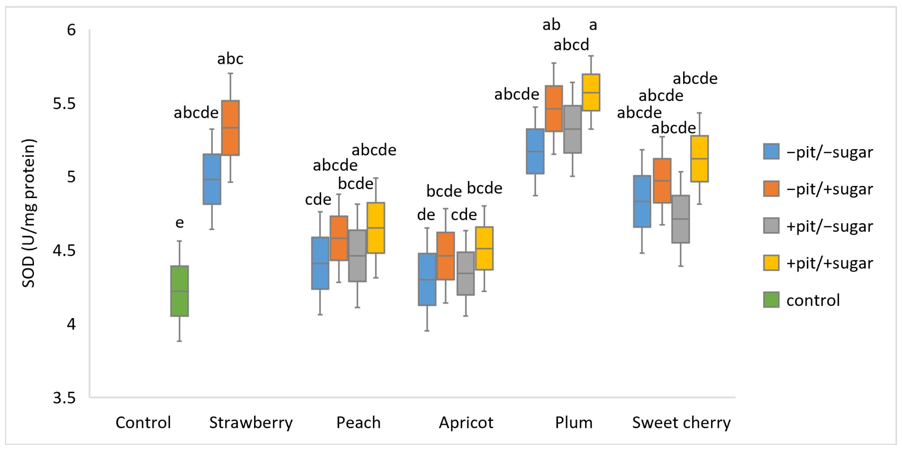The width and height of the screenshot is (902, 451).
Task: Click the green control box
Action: point(179,291)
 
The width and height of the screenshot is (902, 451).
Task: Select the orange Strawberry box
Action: point(230,128)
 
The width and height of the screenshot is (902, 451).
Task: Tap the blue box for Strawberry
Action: point(212,179)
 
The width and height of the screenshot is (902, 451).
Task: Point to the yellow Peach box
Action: point(376,227)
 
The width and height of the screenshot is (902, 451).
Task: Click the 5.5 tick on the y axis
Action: point(64,104)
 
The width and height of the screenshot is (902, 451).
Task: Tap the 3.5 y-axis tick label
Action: point(64,398)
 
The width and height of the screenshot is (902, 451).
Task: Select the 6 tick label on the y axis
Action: point(71,30)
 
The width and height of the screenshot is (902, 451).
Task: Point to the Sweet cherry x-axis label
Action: point(681,422)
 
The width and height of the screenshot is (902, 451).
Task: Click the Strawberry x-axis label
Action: point(251,422)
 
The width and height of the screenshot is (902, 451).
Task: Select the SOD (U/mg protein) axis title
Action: point(29,213)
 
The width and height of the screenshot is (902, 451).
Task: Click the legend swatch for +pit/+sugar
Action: point(771,263)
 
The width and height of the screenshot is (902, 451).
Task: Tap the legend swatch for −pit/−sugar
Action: point(771,152)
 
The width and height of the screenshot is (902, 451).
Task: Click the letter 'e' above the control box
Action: point(179,223)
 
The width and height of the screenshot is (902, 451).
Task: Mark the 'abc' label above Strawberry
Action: point(230,59)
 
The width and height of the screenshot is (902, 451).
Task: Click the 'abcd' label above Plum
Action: point(571,45)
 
